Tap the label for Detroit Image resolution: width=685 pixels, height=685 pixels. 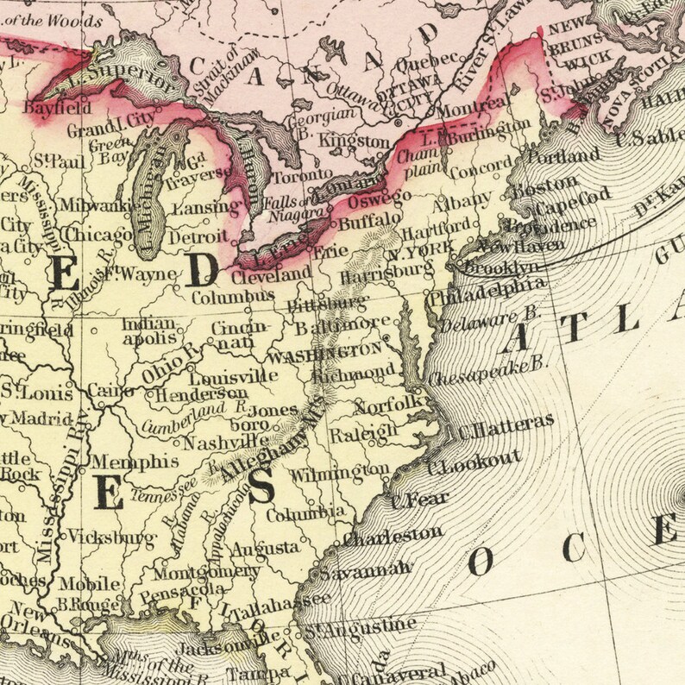[x=199, y=236]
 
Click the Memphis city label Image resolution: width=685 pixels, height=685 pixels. [x=123, y=462]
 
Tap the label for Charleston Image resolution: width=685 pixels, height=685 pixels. [x=393, y=536]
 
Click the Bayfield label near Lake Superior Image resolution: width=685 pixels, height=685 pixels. [x=58, y=109]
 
